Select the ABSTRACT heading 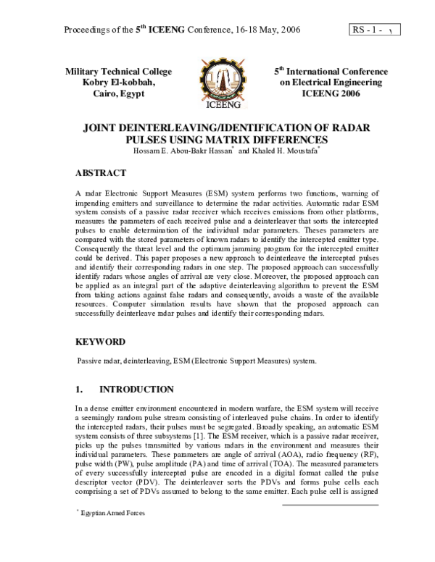point(101,174)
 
